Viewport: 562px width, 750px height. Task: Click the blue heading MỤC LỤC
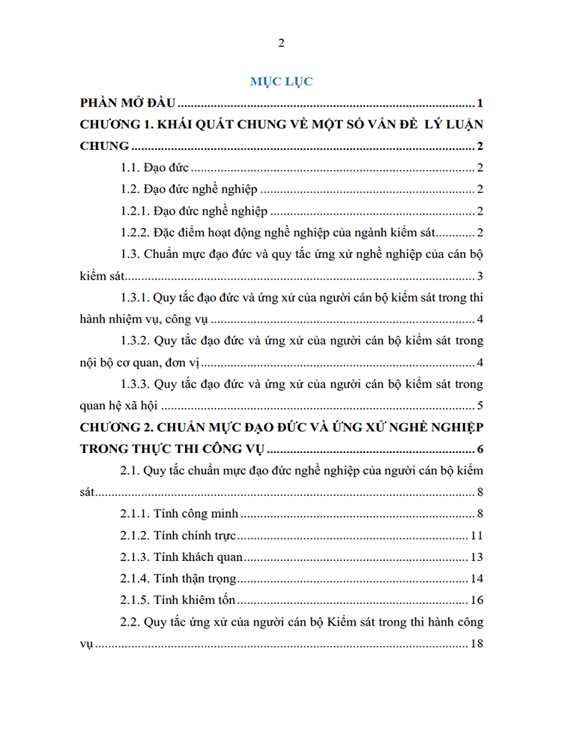(281, 80)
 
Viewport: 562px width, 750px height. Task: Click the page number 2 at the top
(281, 43)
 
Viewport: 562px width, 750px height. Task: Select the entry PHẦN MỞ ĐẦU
(127, 103)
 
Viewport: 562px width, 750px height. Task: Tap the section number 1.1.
(132, 169)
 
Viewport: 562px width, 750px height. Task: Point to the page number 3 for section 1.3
(480, 277)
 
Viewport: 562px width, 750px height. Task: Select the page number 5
(480, 406)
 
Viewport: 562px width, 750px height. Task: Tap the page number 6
(480, 450)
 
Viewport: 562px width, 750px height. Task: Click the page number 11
(477, 536)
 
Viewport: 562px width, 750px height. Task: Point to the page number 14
(477, 579)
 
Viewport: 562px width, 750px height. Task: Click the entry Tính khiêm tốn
(196, 601)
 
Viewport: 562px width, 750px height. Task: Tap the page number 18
(477, 644)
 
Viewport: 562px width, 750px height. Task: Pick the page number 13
(477, 557)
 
